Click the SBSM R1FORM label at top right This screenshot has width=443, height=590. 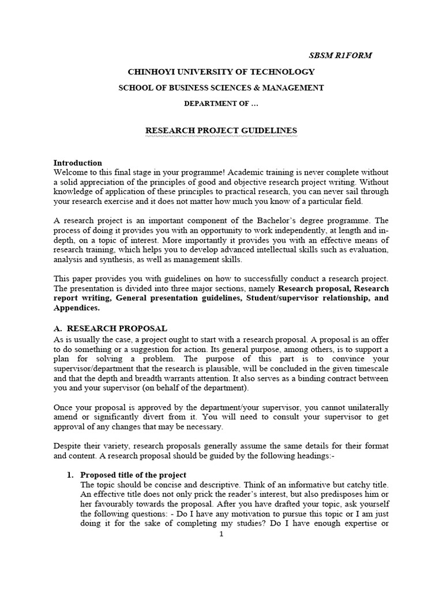coord(340,55)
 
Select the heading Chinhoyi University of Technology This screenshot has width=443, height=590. coord(221,71)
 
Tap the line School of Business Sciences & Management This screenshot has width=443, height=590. coord(221,88)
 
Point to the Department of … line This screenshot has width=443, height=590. coord(221,103)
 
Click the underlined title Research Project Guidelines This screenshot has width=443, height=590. coord(221,131)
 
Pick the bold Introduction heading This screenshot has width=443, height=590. coord(78,162)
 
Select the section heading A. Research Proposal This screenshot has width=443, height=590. coord(110,328)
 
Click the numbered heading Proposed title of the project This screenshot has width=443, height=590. coord(133,475)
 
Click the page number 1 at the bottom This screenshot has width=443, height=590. coord(221,534)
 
